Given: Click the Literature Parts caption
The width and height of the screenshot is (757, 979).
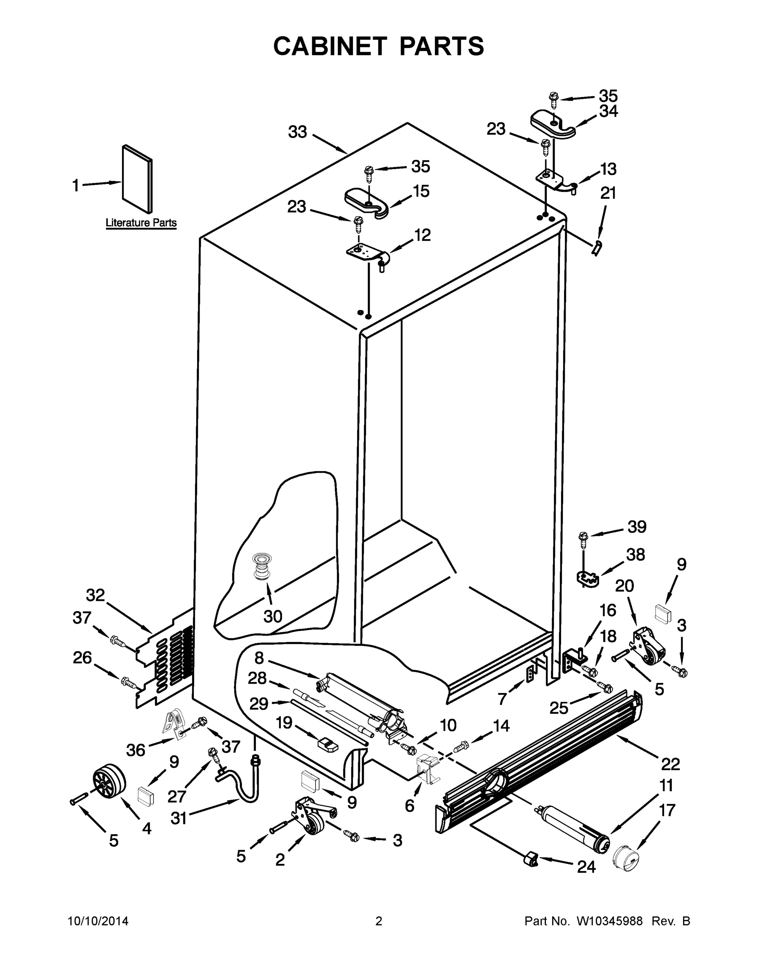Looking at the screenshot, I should [141, 223].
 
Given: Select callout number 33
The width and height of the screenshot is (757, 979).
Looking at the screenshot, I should [297, 132].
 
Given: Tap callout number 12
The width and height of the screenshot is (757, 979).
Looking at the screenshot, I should [422, 235].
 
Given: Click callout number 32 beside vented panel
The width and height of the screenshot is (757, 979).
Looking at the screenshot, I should [95, 595].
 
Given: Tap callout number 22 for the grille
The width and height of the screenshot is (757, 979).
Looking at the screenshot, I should [670, 763].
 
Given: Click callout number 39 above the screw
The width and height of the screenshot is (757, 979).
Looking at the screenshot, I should [636, 527].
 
